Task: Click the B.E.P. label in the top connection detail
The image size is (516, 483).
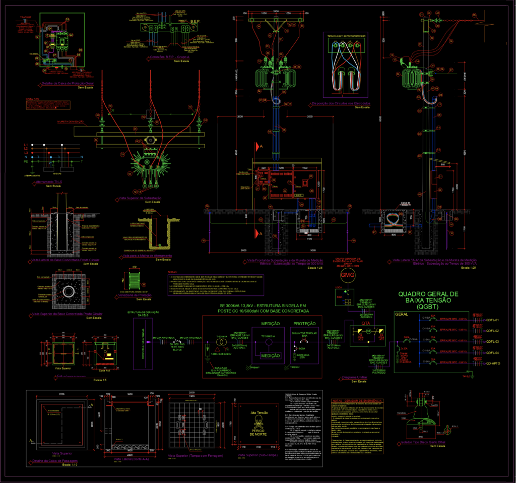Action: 196,22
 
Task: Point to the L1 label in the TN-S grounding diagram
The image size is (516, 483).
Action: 26,145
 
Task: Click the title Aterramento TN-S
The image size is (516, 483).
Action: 48,182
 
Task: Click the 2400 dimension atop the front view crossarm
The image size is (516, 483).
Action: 276,11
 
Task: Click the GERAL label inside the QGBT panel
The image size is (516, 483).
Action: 402,314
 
